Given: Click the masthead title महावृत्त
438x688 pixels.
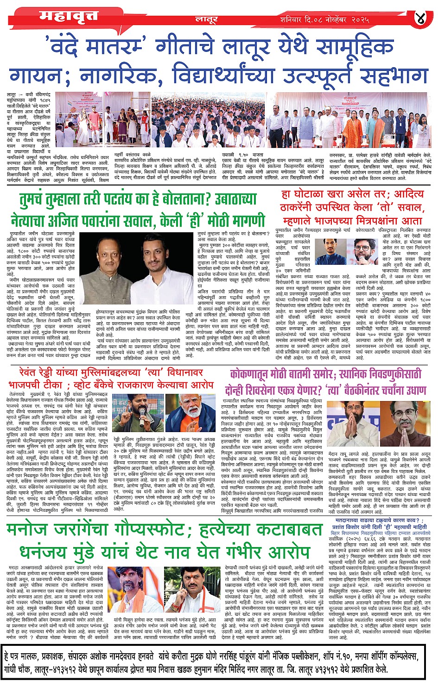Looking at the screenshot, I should pyautogui.click(x=69, y=17).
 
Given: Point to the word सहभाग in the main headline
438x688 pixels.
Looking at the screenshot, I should pyautogui.click(x=390, y=75).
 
